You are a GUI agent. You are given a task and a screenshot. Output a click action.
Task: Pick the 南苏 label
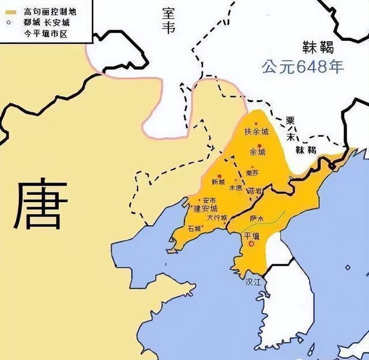tap(252, 172)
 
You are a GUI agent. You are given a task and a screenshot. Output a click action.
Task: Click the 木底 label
tap(235, 188)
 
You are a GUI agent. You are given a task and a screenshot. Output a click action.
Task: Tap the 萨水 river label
tap(257, 219)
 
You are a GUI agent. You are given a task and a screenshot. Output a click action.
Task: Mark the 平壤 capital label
tap(253, 236)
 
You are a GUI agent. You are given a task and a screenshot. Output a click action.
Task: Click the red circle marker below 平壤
tap(251, 244)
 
